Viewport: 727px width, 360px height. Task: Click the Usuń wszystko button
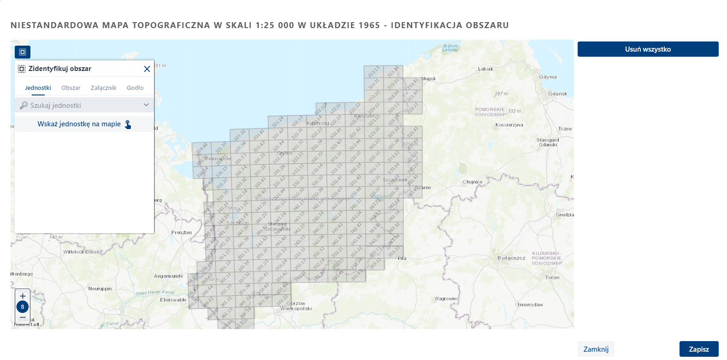point(648,49)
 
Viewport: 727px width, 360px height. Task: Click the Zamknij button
point(596,349)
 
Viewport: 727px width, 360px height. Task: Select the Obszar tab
point(71,88)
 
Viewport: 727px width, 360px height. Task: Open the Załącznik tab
point(103,88)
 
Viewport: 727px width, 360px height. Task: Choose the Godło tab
point(135,88)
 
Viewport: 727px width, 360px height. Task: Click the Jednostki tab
point(38,88)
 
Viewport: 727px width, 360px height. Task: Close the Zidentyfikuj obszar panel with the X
point(147,69)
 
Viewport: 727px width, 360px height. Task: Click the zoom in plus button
point(23,296)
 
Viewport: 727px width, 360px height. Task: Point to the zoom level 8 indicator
point(23,307)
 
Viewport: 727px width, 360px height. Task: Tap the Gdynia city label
point(548,77)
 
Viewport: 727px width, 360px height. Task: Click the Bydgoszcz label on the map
point(511,258)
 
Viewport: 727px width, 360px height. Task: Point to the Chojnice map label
point(472,182)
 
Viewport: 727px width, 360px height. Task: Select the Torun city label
point(552,277)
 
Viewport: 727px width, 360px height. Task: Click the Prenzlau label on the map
point(181,232)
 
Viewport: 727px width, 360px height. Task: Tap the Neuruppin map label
point(100,289)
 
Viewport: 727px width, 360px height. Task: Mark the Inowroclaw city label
point(530,305)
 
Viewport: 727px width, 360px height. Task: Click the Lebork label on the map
point(485,69)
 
